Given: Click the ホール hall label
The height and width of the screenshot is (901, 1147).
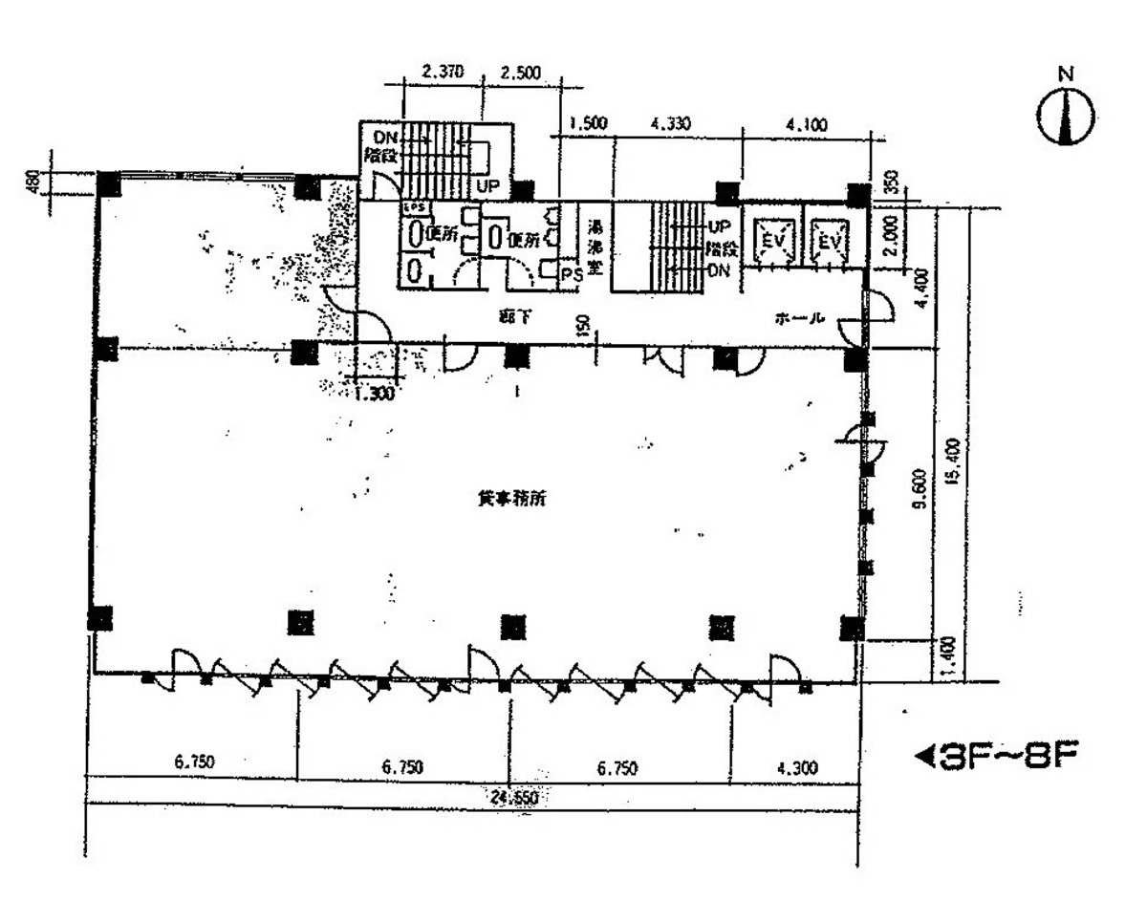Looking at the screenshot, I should pos(801,320).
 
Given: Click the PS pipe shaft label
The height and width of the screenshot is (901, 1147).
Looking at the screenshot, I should pos(572,274).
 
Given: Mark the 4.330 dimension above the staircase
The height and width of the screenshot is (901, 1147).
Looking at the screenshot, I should pos(670,124).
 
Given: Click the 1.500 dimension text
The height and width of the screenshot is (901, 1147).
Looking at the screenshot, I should pos(587,124).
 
